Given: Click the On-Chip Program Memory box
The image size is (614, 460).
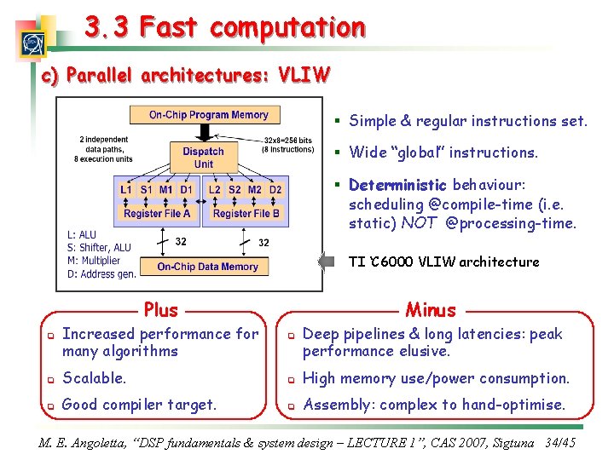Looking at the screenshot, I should pos(208,115).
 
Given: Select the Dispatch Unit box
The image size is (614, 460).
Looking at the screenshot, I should pos(203,158).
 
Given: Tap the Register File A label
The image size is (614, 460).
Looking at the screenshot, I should pos(157,214).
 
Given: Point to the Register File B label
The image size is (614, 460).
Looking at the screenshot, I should pos(246,214).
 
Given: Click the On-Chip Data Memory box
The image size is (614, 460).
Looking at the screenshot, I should pos(207,267).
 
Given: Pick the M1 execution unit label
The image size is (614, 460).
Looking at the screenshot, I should pos(166,189).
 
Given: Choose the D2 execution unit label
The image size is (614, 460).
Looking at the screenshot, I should pos(275,189).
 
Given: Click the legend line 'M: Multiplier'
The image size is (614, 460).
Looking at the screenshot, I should pos(94,261).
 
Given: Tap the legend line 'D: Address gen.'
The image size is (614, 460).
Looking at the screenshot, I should pos(101,273).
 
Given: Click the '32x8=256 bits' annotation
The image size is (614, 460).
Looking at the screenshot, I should pos(287,141).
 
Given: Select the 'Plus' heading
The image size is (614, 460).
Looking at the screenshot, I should pos(161,310).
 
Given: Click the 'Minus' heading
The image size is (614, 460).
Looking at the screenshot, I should pos(431,310).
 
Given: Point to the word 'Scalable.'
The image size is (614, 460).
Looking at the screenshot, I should pos(94,377).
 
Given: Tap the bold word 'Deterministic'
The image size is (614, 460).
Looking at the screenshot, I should pos(397,185).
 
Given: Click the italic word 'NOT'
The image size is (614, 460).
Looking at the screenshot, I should pos(419,224).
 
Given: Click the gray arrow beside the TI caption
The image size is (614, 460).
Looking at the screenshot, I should pos(326,262).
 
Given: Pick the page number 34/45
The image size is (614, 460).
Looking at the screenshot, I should pos(560,443).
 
